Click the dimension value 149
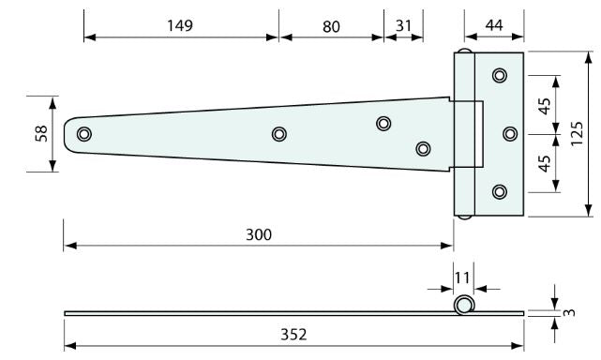pyautogui.click(x=180, y=25)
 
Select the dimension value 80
pyautogui.click(x=331, y=27)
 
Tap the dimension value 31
pyautogui.click(x=403, y=25)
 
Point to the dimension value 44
pyautogui.click(x=494, y=25)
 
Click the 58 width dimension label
pyautogui.click(x=41, y=134)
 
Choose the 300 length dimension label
pyautogui.click(x=259, y=234)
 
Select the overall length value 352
pyautogui.click(x=293, y=335)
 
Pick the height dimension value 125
pyautogui.click(x=577, y=133)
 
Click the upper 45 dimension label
pyautogui.click(x=544, y=106)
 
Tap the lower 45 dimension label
pyautogui.click(x=544, y=164)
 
